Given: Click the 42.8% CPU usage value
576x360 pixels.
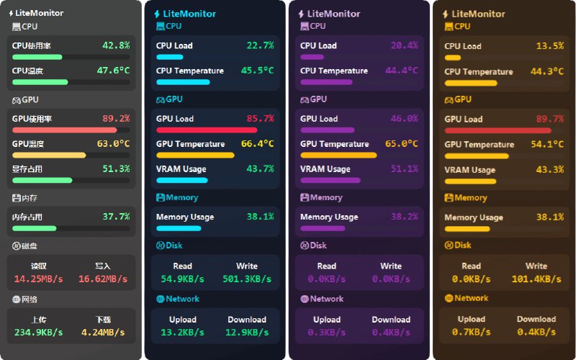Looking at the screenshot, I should click(116, 45).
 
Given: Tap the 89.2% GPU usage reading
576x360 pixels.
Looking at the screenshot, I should click(116, 119).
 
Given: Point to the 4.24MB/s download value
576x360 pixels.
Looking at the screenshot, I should click(104, 333).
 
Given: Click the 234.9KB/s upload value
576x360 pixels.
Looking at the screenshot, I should click(39, 333).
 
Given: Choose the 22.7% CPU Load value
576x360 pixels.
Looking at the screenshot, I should click(260, 45).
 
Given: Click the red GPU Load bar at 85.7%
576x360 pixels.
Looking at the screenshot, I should click(207, 130).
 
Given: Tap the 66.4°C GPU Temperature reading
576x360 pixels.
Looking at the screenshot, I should click(257, 144).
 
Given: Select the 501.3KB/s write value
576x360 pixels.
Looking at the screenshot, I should click(247, 279).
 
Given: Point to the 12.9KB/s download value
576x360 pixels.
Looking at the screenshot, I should click(247, 332).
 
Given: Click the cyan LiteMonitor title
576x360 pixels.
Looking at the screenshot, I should click(189, 14).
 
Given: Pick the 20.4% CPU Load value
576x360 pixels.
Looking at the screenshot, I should click(404, 45).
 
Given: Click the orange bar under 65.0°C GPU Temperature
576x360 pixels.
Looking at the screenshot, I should click(338, 155).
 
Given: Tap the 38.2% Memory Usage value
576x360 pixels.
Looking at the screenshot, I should click(404, 217).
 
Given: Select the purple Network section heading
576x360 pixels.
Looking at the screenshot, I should click(326, 299).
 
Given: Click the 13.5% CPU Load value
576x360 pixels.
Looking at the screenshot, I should click(550, 46).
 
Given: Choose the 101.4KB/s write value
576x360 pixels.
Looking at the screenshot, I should click(536, 279).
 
